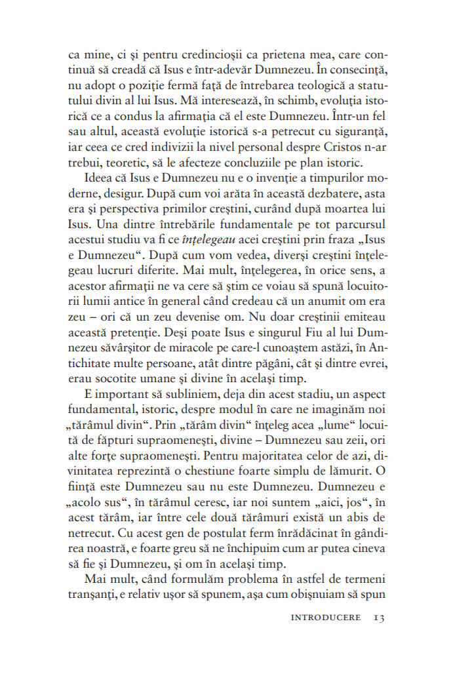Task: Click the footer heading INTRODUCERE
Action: [323, 618]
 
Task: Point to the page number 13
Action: [378, 618]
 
